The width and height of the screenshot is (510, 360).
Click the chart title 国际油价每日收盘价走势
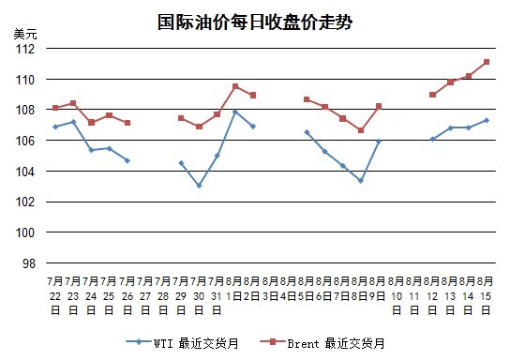[x=255, y=22]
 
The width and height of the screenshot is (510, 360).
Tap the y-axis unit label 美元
[x=25, y=34]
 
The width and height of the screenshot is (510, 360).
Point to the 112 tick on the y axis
[x=25, y=49]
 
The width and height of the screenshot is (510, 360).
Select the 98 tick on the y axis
[x=29, y=263]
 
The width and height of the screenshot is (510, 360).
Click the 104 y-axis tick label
[x=25, y=172]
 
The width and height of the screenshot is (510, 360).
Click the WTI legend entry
[x=182, y=343]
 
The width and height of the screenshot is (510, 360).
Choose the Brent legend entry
[x=322, y=343]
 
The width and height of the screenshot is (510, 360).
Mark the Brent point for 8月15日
[x=487, y=62]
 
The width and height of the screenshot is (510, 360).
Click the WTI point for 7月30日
[x=199, y=186]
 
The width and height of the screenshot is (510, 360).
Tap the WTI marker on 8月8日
[x=360, y=181]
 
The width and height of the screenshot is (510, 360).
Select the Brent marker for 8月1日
[x=235, y=86]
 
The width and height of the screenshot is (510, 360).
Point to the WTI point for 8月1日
[x=235, y=112]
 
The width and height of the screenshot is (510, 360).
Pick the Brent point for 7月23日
[x=73, y=103]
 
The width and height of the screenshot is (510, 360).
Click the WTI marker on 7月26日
[x=127, y=160]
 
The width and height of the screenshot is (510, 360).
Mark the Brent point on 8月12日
[x=432, y=95]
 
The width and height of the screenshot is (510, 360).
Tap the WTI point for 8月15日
[x=487, y=120]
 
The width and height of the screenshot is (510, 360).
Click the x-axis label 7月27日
[x=145, y=295]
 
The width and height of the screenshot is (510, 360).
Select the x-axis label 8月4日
[x=289, y=289]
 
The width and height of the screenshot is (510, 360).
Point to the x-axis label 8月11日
[x=414, y=295]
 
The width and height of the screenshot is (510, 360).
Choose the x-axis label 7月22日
[x=55, y=295]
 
